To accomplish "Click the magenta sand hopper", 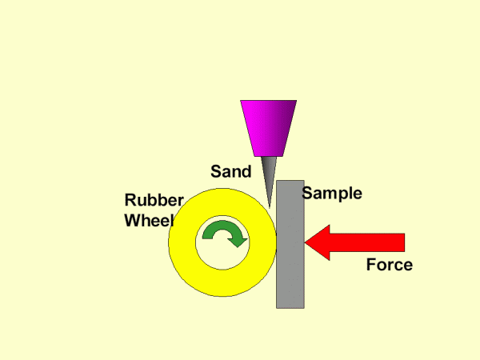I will pyautogui.click(x=268, y=126).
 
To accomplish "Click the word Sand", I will pyautogui.click(x=230, y=171).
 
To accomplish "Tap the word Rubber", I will pyautogui.click(x=154, y=201).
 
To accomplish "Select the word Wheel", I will pyautogui.click(x=149, y=221).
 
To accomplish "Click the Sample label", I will pyautogui.click(x=332, y=193).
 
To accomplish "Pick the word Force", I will pyautogui.click(x=389, y=265).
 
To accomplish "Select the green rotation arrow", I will pyautogui.click(x=224, y=233).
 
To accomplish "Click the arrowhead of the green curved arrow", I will pyautogui.click(x=237, y=240).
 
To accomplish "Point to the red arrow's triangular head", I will pyautogui.click(x=318, y=242).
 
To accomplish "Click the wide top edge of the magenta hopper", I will pyautogui.click(x=268, y=102).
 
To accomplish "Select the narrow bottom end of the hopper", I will pyautogui.click(x=268, y=153).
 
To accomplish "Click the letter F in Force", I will pyautogui.click(x=371, y=265).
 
